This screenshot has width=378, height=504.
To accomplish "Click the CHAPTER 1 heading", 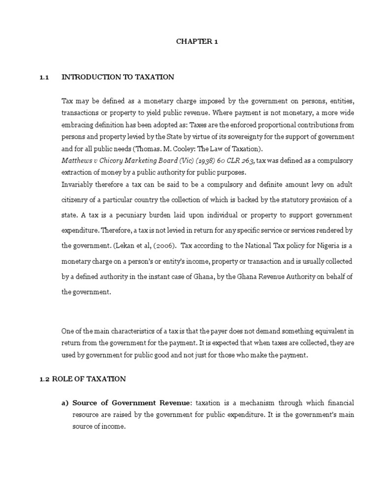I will coord(197,42).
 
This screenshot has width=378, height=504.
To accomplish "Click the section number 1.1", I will coord(45,77).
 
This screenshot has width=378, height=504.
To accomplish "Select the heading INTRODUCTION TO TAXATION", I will coord(118,77).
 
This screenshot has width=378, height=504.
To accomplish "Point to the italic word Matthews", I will coord(76,161).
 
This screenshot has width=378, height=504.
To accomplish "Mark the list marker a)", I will coord(64,403).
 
